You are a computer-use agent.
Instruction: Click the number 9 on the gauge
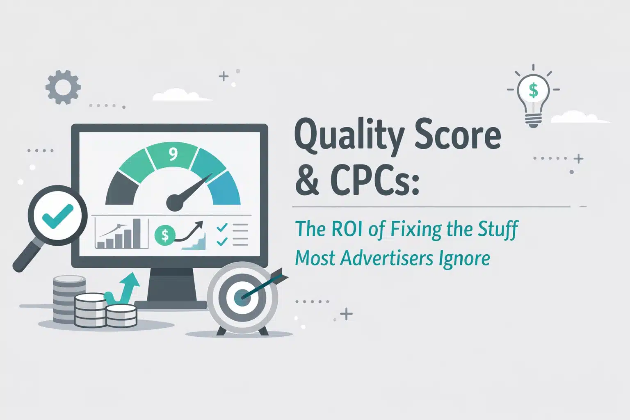[173, 154]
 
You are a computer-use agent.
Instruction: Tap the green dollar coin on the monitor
[165, 235]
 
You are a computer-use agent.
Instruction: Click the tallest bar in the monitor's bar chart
[137, 233]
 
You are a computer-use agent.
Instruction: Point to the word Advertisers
[386, 258]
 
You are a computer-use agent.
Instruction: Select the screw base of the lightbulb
[533, 121]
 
